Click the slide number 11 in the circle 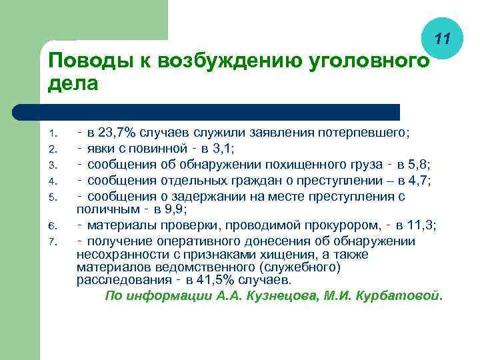pyautogui.click(x=441, y=40)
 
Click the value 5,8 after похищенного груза pyautogui.click(x=420, y=164)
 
